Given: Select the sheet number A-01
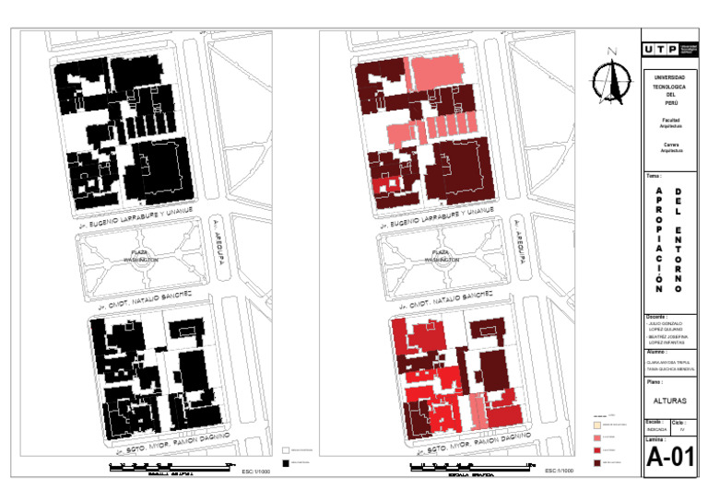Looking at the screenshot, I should click(669, 458).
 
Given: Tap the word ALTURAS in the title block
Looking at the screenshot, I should click(669, 401).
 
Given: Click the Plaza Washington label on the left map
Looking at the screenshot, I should click(141, 256).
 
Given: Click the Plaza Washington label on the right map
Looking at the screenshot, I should click(440, 256).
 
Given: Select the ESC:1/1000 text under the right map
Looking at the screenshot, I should click(559, 471).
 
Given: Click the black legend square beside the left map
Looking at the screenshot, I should click(285, 462).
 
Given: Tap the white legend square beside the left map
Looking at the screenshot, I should click(285, 449).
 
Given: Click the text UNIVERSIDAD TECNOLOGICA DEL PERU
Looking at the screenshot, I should click(669, 90).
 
